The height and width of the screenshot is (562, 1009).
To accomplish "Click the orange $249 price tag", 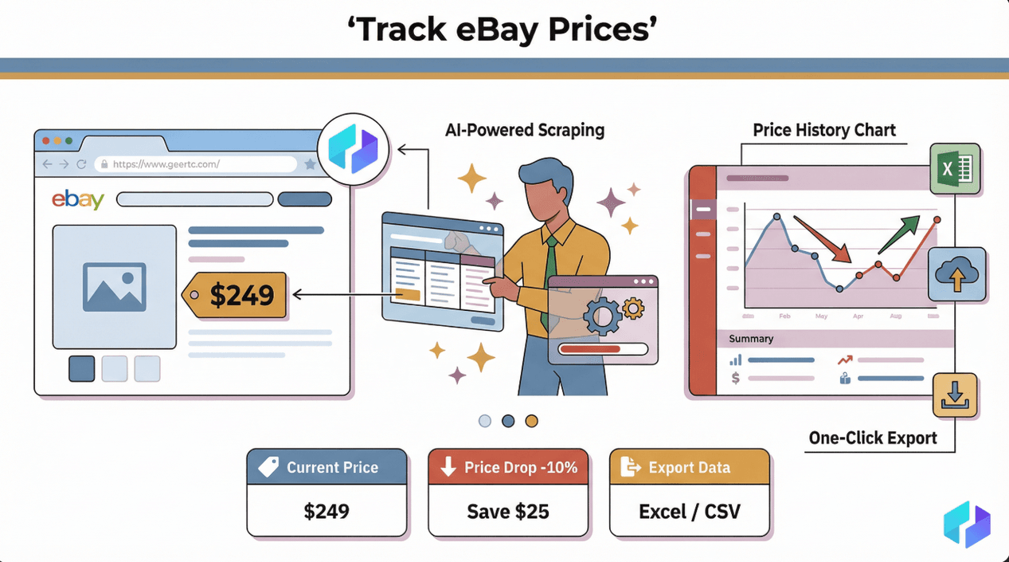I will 235,295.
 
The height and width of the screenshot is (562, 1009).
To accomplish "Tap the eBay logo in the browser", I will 78,199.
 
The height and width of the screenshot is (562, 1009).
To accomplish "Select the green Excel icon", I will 954,169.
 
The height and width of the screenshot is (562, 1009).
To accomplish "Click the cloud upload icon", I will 956,274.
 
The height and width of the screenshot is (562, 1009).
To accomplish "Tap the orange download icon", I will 955,395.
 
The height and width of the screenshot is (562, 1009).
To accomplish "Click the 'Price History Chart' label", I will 824,130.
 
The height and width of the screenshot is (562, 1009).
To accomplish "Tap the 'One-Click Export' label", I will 873,438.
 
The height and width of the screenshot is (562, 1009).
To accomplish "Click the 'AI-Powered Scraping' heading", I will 525,130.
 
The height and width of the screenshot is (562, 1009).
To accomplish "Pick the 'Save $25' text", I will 508,510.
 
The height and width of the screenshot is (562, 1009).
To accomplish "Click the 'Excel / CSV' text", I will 690,510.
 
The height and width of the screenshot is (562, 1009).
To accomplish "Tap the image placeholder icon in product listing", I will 114,287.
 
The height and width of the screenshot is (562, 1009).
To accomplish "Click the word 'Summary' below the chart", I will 751,339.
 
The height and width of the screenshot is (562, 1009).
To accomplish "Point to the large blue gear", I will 603,316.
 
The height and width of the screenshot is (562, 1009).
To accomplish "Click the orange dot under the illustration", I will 531,421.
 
